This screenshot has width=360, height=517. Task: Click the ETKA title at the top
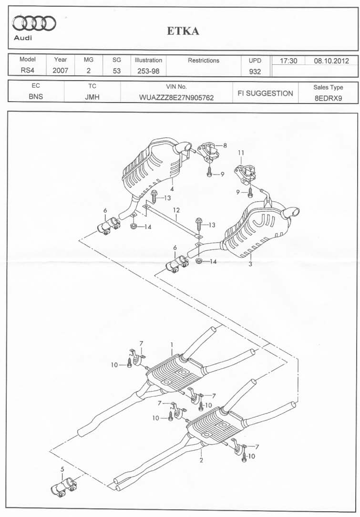(183, 31)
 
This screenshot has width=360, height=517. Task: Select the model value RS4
(27, 70)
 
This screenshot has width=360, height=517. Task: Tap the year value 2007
(61, 70)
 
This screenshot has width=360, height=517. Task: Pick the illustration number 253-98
(148, 71)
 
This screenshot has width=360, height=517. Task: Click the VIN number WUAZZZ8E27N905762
(176, 98)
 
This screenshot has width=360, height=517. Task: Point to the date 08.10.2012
(331, 61)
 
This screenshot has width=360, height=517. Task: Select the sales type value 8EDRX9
(328, 98)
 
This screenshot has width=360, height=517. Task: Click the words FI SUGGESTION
(266, 93)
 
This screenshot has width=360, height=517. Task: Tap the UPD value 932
(255, 71)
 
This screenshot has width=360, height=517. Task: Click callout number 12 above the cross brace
(176, 210)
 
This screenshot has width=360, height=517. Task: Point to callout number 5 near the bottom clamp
(62, 469)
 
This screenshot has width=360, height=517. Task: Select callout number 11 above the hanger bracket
(241, 153)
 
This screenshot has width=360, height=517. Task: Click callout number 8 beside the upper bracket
(225, 145)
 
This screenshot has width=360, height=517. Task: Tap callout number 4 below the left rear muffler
(172, 189)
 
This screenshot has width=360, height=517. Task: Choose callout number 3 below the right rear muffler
(250, 264)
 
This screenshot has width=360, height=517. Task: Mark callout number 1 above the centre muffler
(172, 344)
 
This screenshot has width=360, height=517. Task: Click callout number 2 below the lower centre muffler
(201, 460)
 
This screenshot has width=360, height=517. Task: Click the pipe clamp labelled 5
(63, 486)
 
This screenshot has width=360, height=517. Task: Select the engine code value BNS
(36, 97)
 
